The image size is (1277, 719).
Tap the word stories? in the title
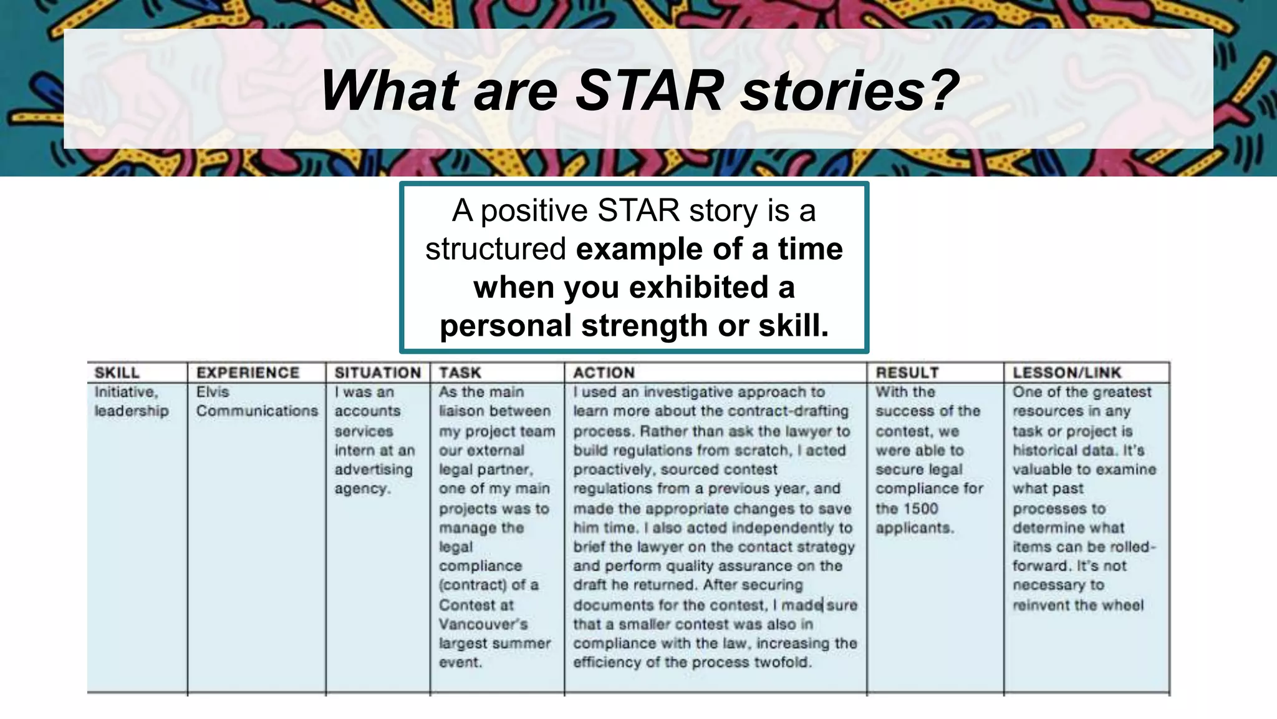click(850, 90)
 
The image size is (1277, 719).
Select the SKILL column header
click(117, 373)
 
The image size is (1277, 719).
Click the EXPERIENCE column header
click(248, 373)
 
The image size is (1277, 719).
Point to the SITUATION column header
click(377, 373)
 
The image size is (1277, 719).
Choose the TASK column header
click(460, 373)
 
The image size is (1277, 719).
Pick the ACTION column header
click(604, 373)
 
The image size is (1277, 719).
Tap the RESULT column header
click(907, 373)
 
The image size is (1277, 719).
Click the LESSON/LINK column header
click(1066, 373)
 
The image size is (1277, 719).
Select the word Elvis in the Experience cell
click(213, 392)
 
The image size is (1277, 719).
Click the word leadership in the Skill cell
click(132, 411)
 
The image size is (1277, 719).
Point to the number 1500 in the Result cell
click(920, 508)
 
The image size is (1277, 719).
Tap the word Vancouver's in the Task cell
click(483, 624)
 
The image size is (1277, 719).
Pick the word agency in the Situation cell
click(361, 489)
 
